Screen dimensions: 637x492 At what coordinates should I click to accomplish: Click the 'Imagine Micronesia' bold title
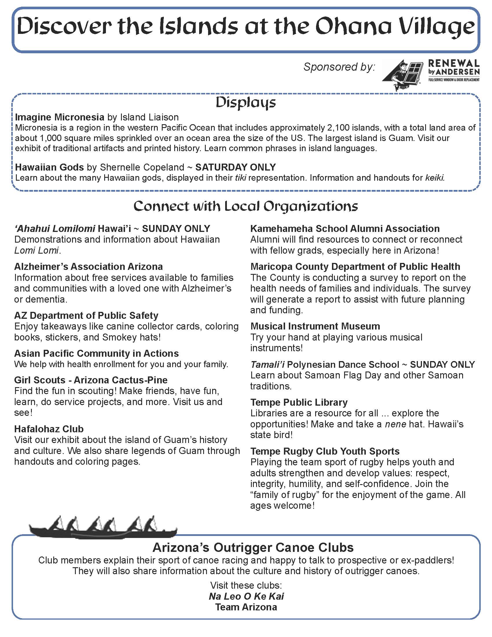click(x=59, y=117)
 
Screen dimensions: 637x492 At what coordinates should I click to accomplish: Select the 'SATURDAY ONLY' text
click(x=236, y=167)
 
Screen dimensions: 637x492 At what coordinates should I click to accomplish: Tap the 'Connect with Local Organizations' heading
click(x=246, y=206)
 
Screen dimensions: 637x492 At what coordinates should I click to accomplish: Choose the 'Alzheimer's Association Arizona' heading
click(x=89, y=267)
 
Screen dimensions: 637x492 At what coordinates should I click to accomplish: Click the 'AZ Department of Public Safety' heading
click(x=86, y=315)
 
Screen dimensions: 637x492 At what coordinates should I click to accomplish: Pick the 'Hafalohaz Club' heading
click(x=49, y=429)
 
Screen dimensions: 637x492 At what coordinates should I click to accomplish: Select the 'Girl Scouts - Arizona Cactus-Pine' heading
click(x=91, y=380)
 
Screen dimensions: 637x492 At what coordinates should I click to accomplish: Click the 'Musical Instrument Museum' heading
click(x=315, y=326)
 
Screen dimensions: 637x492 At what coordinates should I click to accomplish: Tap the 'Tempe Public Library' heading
click(x=299, y=402)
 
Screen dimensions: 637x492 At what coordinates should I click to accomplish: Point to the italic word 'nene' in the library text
click(x=396, y=424)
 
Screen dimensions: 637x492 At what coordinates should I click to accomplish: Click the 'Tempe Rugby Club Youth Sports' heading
click(x=325, y=451)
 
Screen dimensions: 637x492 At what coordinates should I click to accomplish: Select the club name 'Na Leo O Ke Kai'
click(x=246, y=596)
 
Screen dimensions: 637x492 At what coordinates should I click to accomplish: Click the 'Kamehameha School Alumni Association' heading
click(x=345, y=229)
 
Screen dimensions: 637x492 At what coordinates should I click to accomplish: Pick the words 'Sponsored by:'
click(x=339, y=67)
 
